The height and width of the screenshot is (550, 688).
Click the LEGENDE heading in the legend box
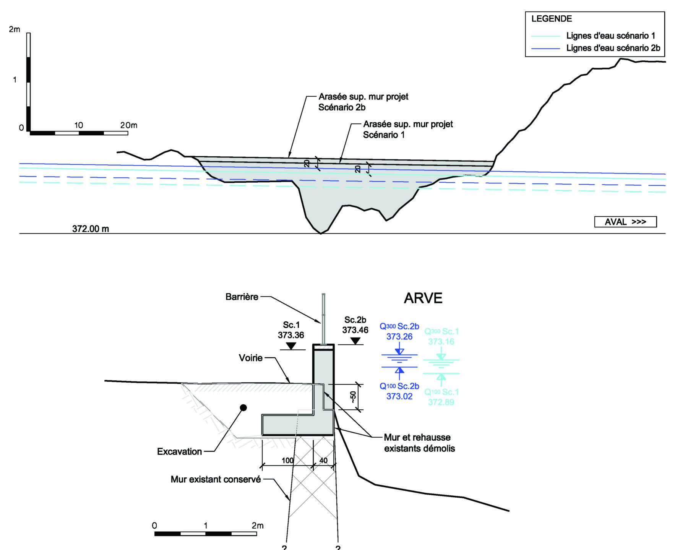tap(551, 19)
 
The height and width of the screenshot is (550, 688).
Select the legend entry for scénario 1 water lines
tap(610, 36)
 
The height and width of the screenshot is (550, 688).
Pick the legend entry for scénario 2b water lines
tap(613, 48)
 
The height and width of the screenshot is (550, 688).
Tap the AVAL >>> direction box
tap(625, 222)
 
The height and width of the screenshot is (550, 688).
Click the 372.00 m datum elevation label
tap(91, 229)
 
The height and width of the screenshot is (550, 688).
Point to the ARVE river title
tap(423, 298)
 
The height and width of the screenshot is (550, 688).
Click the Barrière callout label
tap(242, 297)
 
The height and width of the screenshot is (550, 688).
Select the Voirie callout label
tap(250, 358)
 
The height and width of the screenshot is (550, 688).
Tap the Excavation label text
tap(179, 452)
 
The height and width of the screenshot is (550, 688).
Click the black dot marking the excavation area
tap(243, 408)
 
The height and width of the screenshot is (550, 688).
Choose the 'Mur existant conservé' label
tap(216, 479)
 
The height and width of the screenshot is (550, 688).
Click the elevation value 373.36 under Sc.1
tap(291, 335)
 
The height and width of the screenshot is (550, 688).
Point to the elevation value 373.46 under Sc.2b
tap(355, 330)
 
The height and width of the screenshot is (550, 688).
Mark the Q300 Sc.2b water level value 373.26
tap(399, 337)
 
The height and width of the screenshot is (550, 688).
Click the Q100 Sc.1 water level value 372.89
tap(441, 402)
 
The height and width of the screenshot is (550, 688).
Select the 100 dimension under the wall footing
tap(287, 461)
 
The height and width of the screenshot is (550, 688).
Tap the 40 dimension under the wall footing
tap(323, 461)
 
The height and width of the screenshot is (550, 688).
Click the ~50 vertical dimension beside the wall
tap(353, 396)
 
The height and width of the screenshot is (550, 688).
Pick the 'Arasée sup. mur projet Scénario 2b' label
tap(363, 102)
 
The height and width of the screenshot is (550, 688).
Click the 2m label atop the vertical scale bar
tap(15, 29)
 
